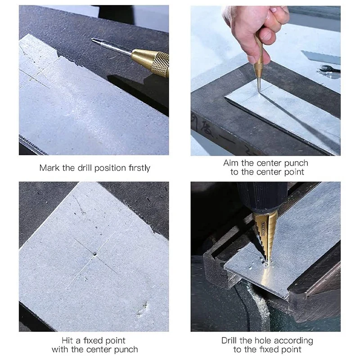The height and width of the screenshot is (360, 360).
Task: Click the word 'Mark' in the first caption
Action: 49,168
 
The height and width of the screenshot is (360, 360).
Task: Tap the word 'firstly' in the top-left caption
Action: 138,168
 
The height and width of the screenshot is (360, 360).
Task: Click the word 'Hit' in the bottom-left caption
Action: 68,341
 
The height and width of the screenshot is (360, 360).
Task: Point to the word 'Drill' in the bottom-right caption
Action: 231,341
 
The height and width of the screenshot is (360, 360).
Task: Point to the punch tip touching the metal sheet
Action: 259,90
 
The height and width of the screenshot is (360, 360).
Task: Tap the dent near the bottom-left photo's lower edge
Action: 143,309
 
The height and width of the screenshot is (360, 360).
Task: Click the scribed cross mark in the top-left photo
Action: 38,74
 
